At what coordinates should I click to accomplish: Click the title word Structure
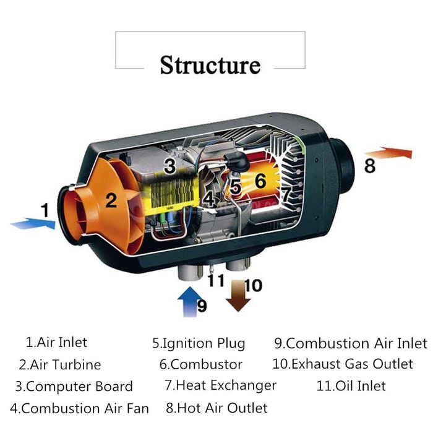pyautogui.click(x=210, y=65)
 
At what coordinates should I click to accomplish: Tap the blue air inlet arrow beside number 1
pyautogui.click(x=33, y=223)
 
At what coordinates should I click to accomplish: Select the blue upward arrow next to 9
pyautogui.click(x=189, y=302)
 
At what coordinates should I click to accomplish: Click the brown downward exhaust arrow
pyautogui.click(x=238, y=296)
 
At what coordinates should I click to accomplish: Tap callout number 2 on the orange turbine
pyautogui.click(x=111, y=200)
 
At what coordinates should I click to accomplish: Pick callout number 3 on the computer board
pyautogui.click(x=169, y=166)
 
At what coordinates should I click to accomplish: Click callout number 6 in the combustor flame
pyautogui.click(x=260, y=181)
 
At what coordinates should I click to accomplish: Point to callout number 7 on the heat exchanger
pyautogui.click(x=286, y=194)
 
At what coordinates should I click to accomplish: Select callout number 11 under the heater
pyautogui.click(x=216, y=280)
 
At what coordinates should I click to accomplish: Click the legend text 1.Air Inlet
pyautogui.click(x=57, y=343)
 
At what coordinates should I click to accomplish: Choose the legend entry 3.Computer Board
pyautogui.click(x=74, y=387)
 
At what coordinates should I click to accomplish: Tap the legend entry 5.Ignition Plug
pyautogui.click(x=199, y=343)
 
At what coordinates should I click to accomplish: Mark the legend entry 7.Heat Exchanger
pyautogui.click(x=220, y=385)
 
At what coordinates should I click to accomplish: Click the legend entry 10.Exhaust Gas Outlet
pyautogui.click(x=343, y=364)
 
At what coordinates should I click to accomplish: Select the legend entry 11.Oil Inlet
pyautogui.click(x=351, y=386)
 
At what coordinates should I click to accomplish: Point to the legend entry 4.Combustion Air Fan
pyautogui.click(x=80, y=408)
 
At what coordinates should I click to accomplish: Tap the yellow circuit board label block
pyautogui.click(x=171, y=193)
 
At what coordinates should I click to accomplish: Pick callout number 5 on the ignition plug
pyautogui.click(x=236, y=186)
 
